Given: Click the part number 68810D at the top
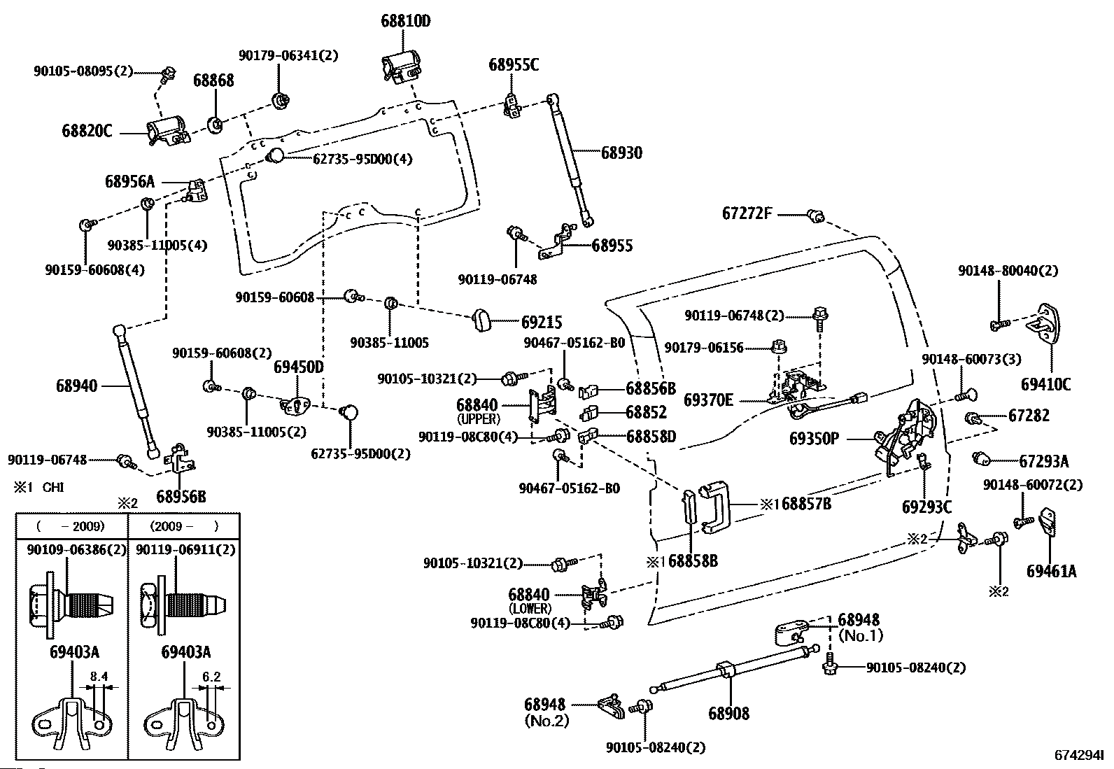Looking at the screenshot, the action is click(405, 21).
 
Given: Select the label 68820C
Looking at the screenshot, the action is click(87, 131).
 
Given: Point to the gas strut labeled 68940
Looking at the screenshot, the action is click(136, 391).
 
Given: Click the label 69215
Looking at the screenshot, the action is click(541, 323).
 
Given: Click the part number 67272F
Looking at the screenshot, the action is click(747, 214).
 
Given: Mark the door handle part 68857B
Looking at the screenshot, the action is click(715, 507).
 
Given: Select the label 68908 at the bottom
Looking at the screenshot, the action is click(728, 713).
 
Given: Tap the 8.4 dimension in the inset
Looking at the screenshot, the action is click(99, 677).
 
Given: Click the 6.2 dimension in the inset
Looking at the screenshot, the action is click(211, 677).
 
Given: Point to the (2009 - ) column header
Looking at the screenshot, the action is click(184, 526).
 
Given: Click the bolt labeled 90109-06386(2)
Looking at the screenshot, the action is click(71, 605).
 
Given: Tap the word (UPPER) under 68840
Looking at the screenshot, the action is click(479, 419).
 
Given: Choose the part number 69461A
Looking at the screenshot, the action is click(1051, 571).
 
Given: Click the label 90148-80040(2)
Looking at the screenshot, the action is click(1008, 271).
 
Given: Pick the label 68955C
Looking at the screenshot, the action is click(513, 64).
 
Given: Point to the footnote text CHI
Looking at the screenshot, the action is click(53, 487).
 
